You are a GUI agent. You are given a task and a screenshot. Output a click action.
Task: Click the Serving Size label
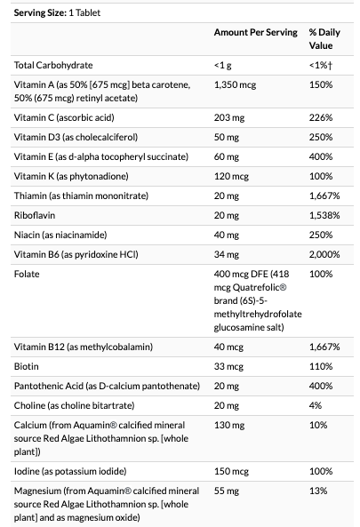tap(40, 12)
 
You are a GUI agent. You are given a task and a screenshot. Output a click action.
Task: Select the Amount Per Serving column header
tap(256, 32)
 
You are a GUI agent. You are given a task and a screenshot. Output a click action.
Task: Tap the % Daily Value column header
tap(324, 39)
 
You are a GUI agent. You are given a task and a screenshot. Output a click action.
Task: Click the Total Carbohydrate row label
tap(53, 65)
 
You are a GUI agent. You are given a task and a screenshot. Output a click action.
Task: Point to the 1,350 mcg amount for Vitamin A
tap(235, 84)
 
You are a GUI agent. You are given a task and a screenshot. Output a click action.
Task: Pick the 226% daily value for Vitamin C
tap(321, 117)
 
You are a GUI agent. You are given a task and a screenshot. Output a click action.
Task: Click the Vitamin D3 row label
tap(76, 137)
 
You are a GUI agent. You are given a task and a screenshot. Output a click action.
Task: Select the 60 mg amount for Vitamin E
tap(227, 156)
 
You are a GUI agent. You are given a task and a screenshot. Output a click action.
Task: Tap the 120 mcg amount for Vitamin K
tap(231, 176)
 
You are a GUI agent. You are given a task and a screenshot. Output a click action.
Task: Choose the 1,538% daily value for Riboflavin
tap(324, 215)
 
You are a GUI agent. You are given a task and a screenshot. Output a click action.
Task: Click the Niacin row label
tap(60, 235)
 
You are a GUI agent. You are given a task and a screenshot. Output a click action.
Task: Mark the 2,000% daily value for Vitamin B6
tap(324, 254)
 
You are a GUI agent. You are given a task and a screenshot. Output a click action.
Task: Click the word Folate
tap(27, 274)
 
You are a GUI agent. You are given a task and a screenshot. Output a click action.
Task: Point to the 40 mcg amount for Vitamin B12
tap(228, 347)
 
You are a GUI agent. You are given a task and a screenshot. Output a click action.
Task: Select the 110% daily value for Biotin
tap(321, 366)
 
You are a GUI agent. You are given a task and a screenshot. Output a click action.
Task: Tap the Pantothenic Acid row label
tap(107, 386)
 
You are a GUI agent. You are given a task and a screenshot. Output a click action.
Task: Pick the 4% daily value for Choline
tap(316, 405)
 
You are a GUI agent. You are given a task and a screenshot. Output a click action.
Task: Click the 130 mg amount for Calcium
tap(229, 425)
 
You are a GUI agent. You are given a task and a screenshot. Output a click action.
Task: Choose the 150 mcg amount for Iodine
tap(231, 471)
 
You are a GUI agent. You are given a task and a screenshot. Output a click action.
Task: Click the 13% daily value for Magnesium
tap(318, 491)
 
